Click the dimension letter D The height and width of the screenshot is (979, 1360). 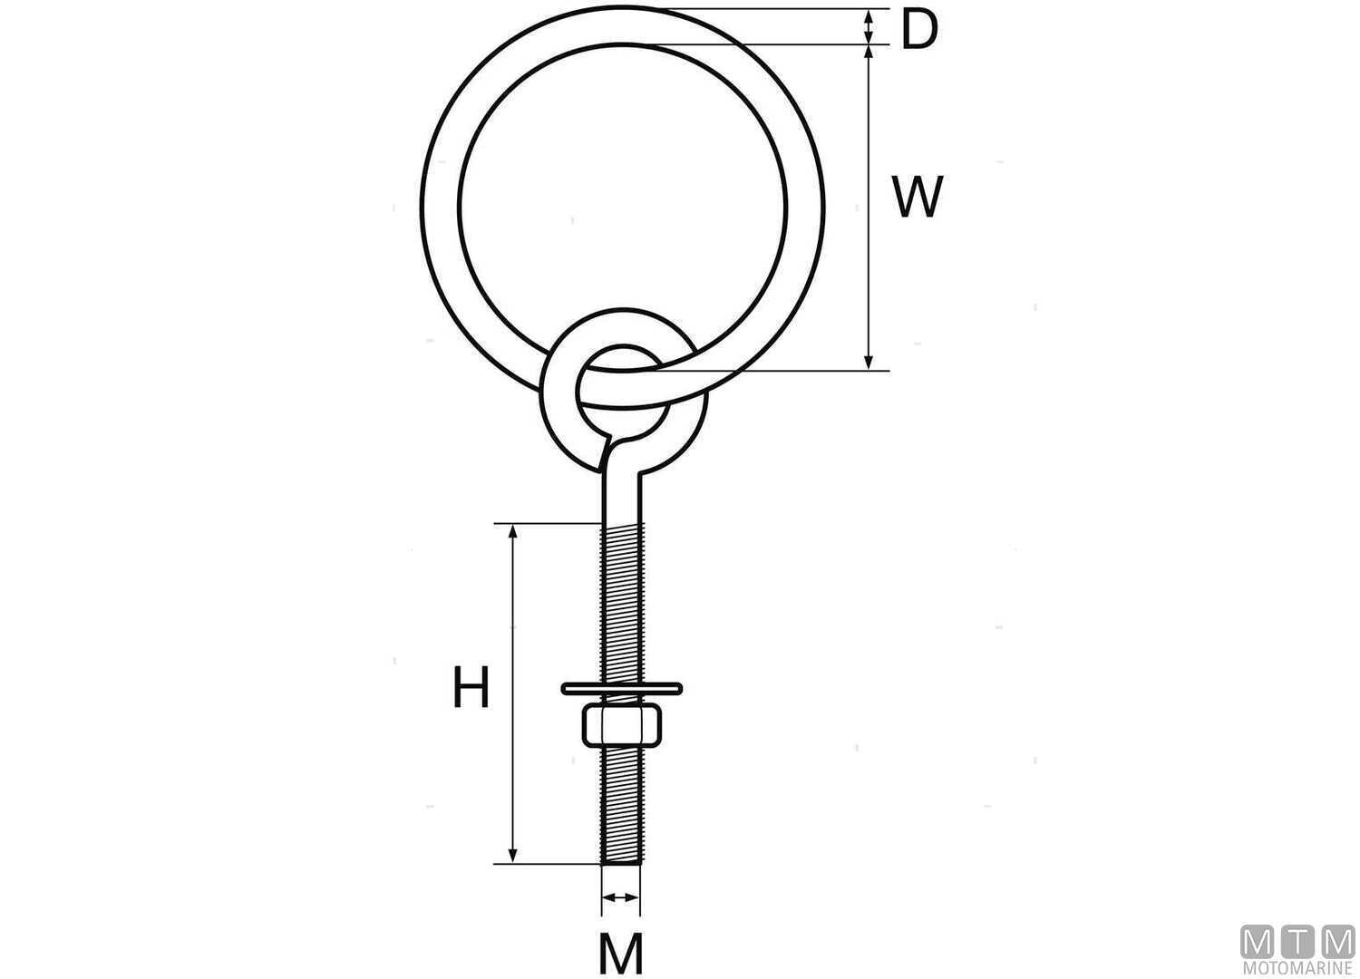918,31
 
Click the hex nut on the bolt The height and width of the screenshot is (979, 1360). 621,723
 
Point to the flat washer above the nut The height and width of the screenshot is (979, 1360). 621,687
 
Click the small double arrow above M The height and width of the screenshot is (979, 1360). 621,898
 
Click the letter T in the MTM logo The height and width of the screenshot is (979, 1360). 1298,942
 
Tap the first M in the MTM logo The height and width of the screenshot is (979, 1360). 1258,942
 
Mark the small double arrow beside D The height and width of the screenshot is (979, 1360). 869,26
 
